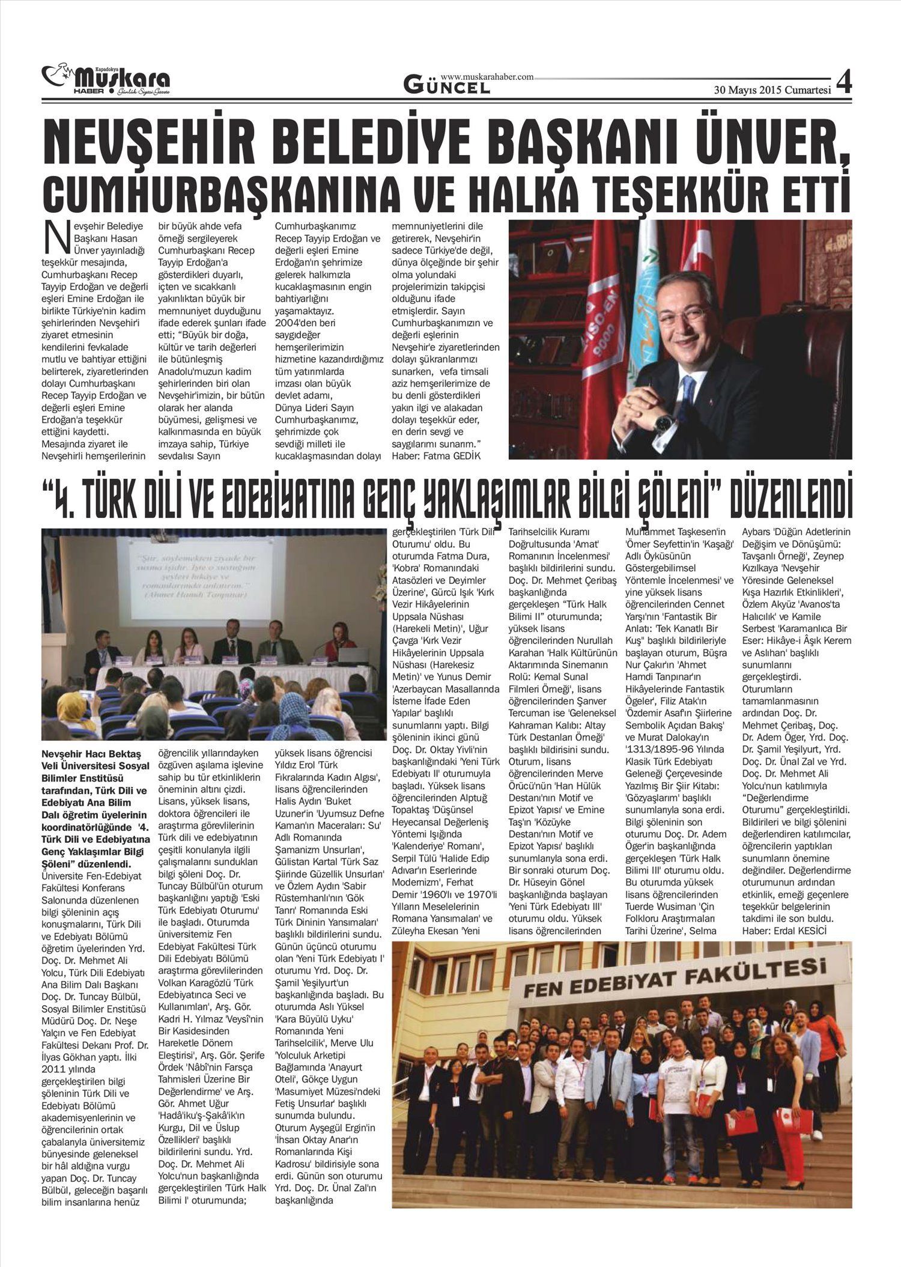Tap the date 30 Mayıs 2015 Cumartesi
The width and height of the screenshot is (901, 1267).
(x=772, y=91)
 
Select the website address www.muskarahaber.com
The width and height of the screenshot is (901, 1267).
(x=487, y=77)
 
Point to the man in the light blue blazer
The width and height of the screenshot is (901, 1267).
(x=615, y=1081)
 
